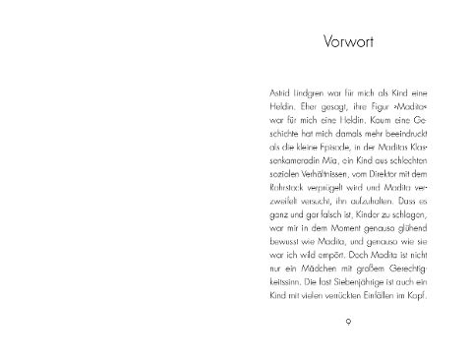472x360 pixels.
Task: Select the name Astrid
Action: click(x=281, y=89)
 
